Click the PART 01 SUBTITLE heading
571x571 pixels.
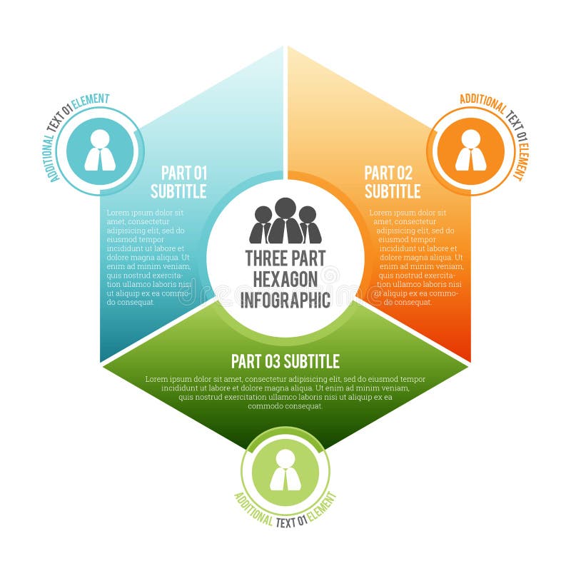[178, 182]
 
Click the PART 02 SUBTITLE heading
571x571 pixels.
[392, 182]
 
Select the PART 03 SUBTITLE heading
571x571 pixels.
[285, 361]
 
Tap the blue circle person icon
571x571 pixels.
[100, 151]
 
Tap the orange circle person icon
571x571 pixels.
[470, 151]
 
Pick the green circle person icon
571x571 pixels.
[285, 470]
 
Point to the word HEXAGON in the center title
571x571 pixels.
[285, 279]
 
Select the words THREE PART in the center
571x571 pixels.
[285, 258]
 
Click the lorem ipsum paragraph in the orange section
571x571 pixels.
[416, 257]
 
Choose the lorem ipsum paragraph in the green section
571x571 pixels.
[285, 393]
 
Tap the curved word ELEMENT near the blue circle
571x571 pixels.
[91, 101]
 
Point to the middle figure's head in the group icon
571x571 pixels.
[285, 208]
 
